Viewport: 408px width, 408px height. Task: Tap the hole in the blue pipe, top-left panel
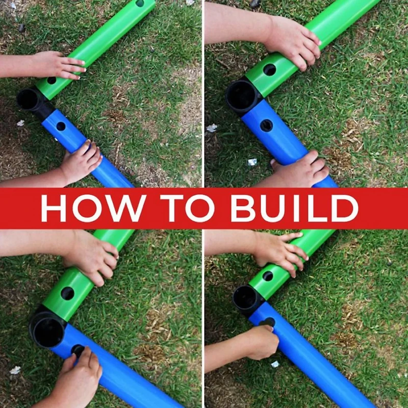tap(61, 126)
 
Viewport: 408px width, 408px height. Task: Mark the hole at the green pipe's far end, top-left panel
tap(140, 3)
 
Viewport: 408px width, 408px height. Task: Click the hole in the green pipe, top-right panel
tap(270, 70)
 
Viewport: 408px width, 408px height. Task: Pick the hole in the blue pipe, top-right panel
tap(266, 125)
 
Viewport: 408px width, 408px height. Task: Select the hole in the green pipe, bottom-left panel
tap(67, 293)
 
